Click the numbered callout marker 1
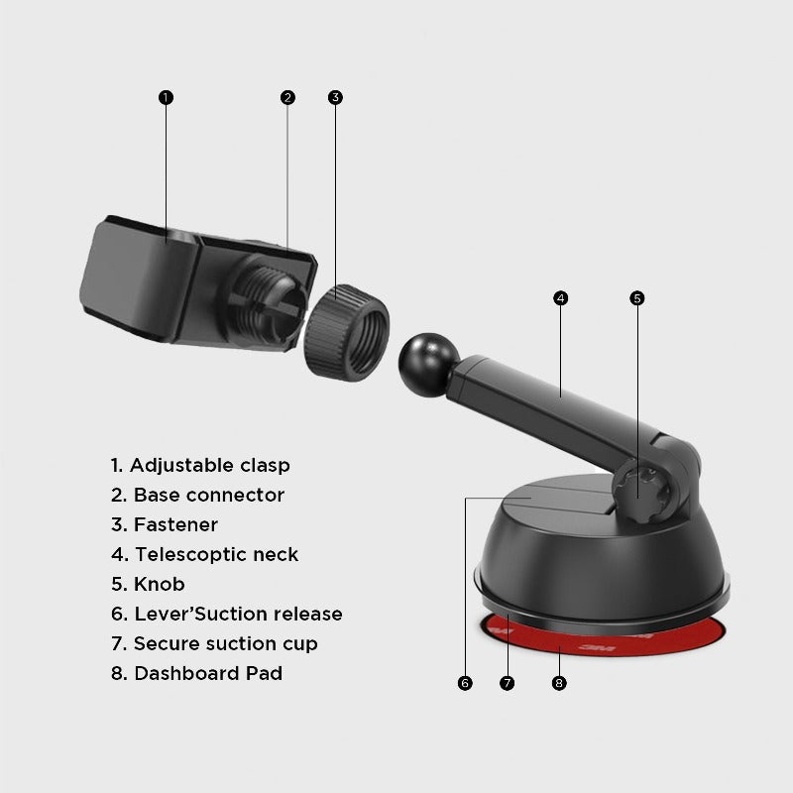(166, 97)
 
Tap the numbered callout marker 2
(287, 97)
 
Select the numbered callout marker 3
(335, 97)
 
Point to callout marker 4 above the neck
(560, 297)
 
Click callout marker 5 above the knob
(637, 297)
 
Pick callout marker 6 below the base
(465, 683)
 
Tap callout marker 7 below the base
(508, 683)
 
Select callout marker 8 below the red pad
(559, 683)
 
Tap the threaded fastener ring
(346, 330)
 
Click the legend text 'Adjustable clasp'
(200, 465)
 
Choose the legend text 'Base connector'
(197, 495)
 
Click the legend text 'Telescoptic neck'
(204, 554)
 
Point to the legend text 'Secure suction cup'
(214, 643)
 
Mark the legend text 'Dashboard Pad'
(196, 673)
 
